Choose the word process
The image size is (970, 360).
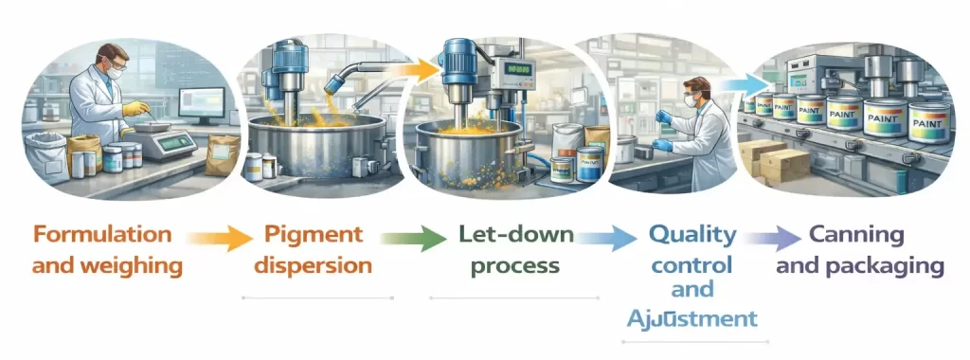coord(512,265)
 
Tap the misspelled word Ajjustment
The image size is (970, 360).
coord(692,316)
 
